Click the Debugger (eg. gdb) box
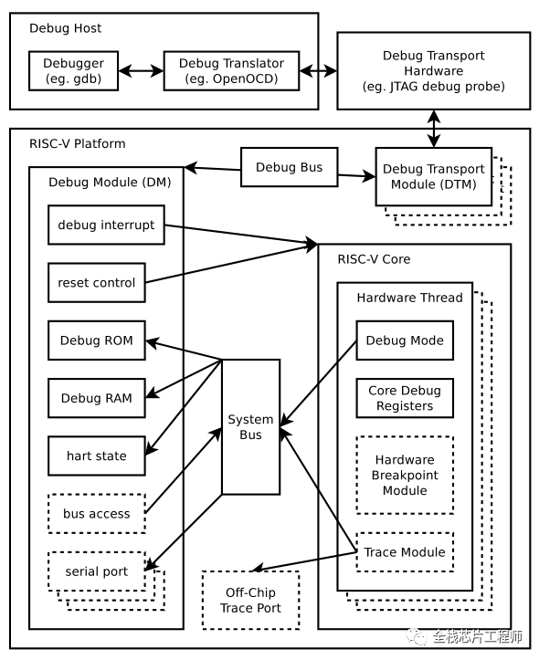(x=73, y=70)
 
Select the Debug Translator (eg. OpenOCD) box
(x=231, y=70)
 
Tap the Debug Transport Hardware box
(x=433, y=70)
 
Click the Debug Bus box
(x=289, y=167)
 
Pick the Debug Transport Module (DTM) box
(x=433, y=176)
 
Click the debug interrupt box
(x=106, y=225)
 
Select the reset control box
(x=97, y=282)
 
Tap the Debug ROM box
(x=97, y=340)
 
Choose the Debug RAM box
(x=97, y=398)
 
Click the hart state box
(x=97, y=456)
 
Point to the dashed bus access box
(x=97, y=514)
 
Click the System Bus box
(x=250, y=427)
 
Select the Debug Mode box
(x=405, y=340)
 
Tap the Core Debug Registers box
(x=405, y=398)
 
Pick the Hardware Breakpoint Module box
(x=405, y=475)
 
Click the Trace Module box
(x=405, y=551)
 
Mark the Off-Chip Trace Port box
(x=250, y=601)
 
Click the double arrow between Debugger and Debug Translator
(x=141, y=70)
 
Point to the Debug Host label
(x=65, y=28)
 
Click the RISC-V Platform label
(x=78, y=143)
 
